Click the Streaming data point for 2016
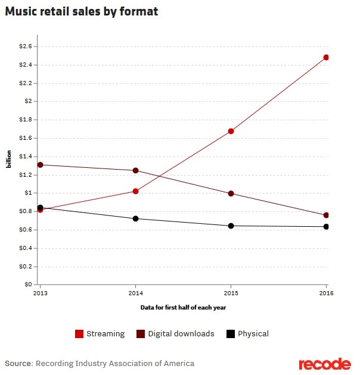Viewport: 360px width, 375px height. (327, 58)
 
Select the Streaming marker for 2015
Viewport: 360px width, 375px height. (231, 131)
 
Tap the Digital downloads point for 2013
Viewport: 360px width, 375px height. (40, 165)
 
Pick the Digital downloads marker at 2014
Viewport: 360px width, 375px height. (135, 170)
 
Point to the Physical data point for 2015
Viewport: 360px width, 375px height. (231, 226)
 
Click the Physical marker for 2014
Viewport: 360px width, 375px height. (135, 218)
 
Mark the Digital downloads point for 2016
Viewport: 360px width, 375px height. (327, 215)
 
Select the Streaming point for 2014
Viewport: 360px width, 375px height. (135, 191)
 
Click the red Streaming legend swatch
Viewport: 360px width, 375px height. (79, 334)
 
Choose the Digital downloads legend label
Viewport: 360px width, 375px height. (181, 334)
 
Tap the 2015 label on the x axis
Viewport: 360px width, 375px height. (231, 293)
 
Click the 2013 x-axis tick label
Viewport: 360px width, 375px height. (40, 293)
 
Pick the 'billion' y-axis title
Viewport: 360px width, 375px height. (9, 165)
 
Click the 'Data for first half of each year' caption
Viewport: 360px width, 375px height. (183, 307)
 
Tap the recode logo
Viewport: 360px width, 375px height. (324, 363)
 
